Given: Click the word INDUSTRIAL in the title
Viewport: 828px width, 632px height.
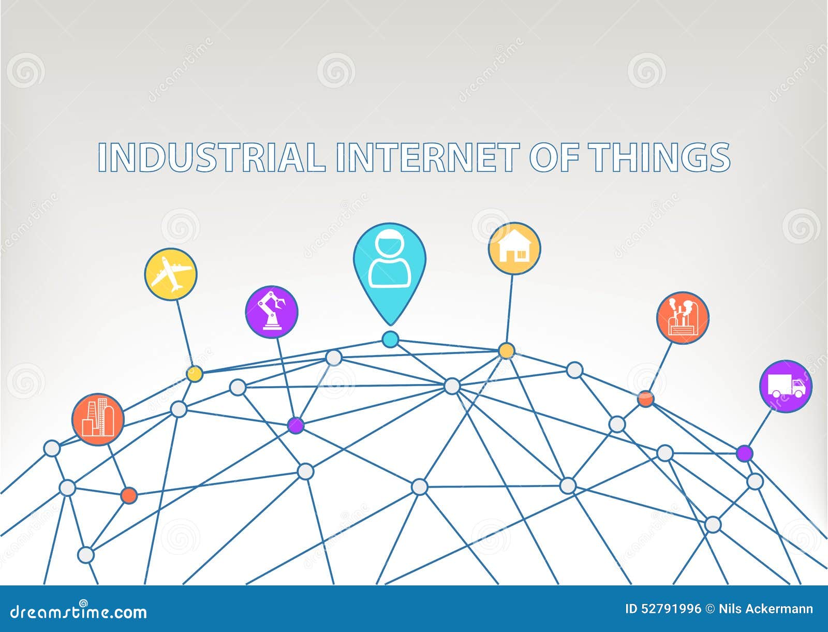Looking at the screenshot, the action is click(x=212, y=157).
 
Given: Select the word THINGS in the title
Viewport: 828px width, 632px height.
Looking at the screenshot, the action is click(x=659, y=157).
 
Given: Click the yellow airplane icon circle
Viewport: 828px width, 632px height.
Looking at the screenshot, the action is click(x=170, y=274).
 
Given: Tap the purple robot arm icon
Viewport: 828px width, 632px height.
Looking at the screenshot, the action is click(x=272, y=312).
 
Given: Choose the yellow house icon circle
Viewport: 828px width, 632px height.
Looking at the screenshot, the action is click(x=514, y=248).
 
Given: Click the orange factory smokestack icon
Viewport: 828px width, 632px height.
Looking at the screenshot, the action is click(x=683, y=318).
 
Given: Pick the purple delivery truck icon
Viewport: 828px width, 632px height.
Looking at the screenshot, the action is click(x=786, y=386).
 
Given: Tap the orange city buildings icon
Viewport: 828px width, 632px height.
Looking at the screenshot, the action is click(x=98, y=420).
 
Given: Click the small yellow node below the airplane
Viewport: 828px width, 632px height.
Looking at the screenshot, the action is click(x=195, y=374).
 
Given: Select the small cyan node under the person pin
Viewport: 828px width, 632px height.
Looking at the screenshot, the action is click(x=390, y=339).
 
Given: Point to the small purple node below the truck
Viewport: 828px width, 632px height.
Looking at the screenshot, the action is click(x=745, y=453).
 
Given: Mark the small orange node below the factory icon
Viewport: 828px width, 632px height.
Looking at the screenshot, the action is click(x=645, y=399).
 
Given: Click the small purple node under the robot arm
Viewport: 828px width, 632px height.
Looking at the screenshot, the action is click(x=295, y=425).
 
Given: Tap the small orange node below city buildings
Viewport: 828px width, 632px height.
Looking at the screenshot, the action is click(x=129, y=495).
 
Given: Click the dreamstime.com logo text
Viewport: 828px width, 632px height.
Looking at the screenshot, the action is click(x=79, y=611).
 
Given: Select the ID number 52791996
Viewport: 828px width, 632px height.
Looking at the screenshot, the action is click(x=662, y=609).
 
